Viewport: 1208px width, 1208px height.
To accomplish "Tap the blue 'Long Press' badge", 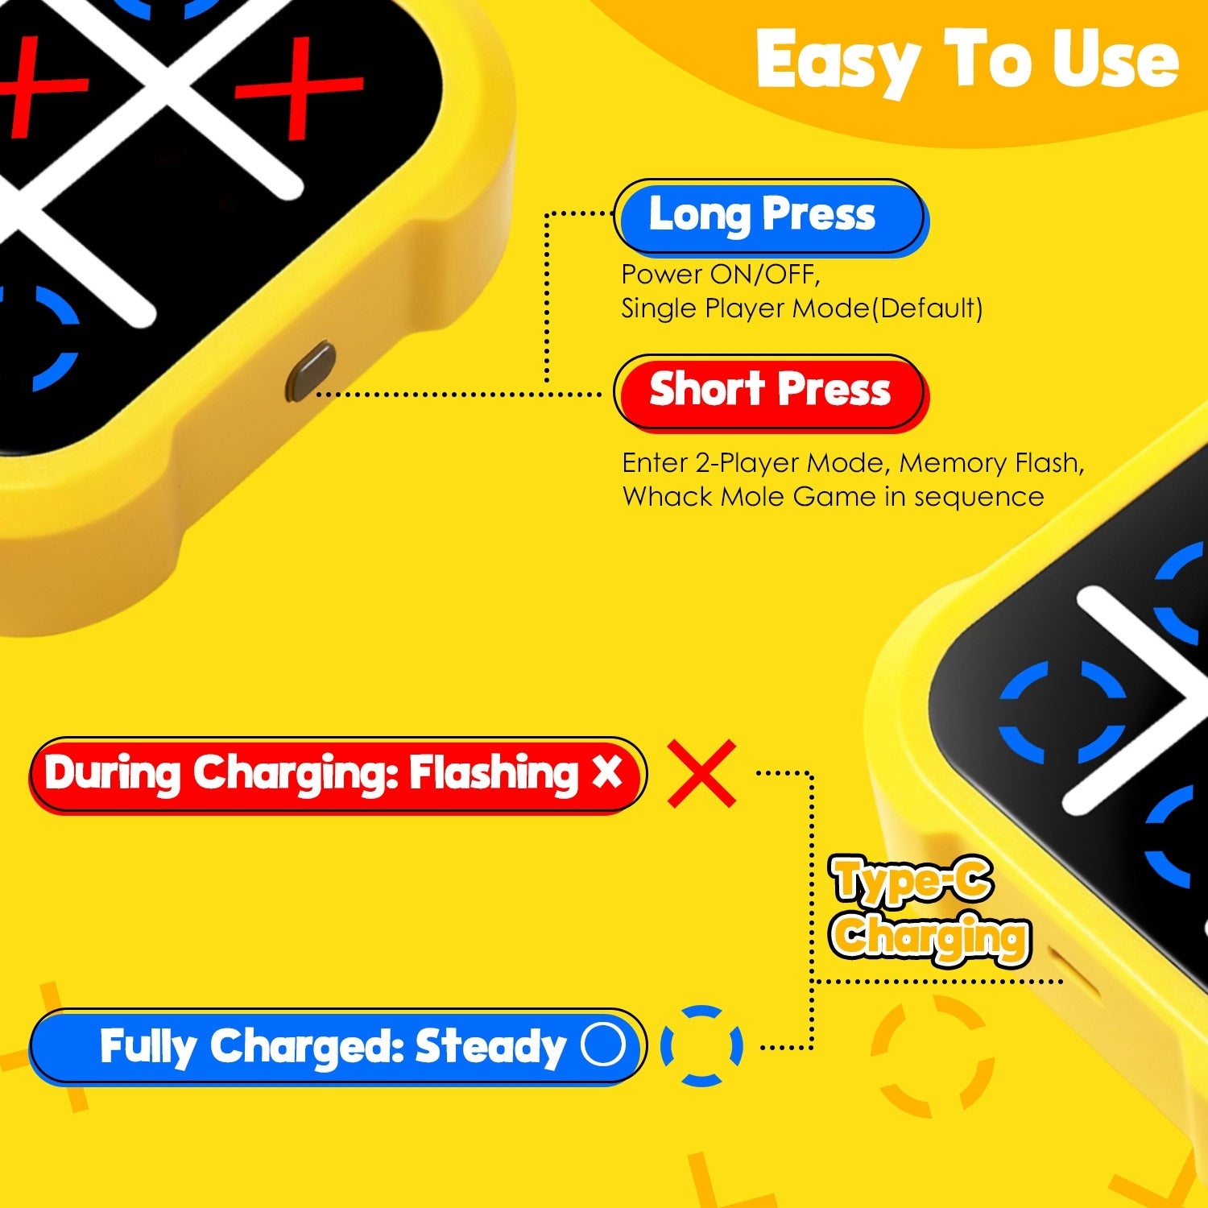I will point(769,216).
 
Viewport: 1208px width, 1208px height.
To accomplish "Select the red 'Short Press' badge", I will point(769,391).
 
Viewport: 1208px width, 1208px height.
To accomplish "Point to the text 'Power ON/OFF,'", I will point(720,275).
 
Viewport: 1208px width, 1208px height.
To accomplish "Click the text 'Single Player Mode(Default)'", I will point(801,308).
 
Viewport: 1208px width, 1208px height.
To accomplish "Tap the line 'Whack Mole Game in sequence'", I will point(833,497).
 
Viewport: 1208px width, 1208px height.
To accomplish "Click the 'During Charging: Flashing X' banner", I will point(337,774).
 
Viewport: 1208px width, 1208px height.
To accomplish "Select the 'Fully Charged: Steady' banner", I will point(337,1047).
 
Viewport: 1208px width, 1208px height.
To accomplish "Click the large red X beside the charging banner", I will point(701,773).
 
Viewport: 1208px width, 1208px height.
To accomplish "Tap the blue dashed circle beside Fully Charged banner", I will point(701,1045).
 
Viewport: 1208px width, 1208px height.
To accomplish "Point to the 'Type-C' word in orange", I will point(912,879).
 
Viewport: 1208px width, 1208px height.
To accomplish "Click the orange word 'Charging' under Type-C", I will point(930,937).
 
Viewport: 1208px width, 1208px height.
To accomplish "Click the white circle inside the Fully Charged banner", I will point(603,1045).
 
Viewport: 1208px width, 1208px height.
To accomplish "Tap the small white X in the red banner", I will point(606,772).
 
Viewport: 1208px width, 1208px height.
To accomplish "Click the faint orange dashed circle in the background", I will point(932,1056).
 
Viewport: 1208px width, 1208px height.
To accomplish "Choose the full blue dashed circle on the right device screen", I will point(1061,713).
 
